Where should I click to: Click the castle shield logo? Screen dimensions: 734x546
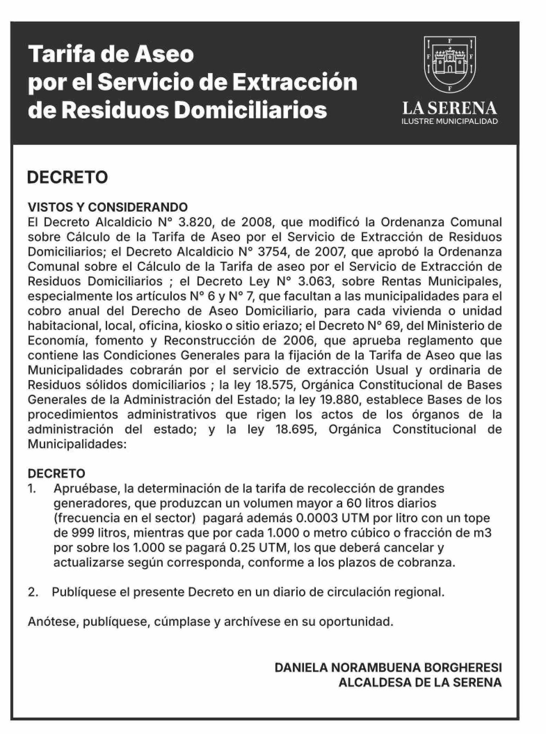(x=450, y=64)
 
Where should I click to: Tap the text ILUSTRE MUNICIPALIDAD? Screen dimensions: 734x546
(x=450, y=121)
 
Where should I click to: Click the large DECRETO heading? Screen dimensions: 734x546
(x=67, y=177)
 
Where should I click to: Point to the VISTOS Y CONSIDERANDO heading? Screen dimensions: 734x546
(x=107, y=207)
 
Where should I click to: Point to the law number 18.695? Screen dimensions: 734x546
(x=296, y=429)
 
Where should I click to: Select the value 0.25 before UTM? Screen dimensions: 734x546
(x=241, y=548)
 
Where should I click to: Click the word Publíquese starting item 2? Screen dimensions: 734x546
(x=83, y=592)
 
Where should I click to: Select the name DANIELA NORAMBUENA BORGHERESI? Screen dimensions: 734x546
(x=388, y=668)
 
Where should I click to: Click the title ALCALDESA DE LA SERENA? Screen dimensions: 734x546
(x=420, y=682)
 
